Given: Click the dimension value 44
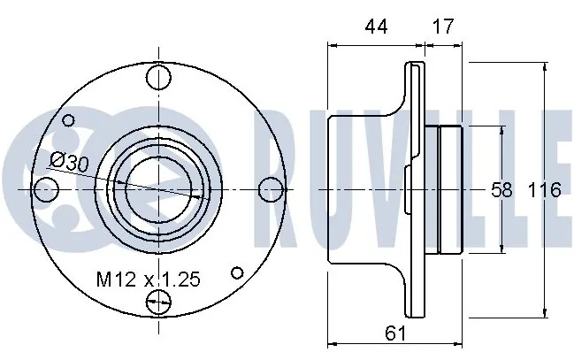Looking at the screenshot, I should (376, 27).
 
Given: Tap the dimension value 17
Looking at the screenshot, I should (442, 27).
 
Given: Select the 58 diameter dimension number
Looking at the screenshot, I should (502, 189).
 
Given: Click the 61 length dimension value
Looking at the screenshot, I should (395, 333).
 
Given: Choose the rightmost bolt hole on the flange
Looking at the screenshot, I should (273, 189).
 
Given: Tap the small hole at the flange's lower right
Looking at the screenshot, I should (237, 272).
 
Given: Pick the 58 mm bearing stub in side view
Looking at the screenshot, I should (451, 189).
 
